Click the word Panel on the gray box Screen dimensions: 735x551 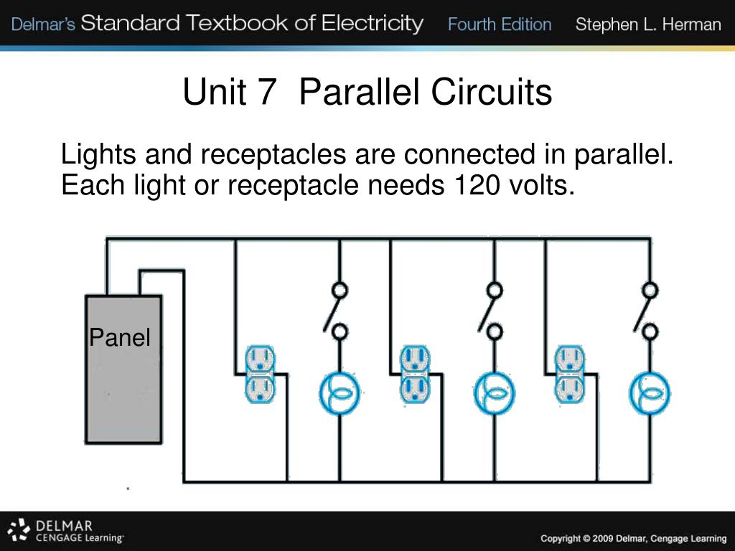coord(120,337)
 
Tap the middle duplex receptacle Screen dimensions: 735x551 coord(414,374)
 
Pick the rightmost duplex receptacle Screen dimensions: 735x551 coord(570,374)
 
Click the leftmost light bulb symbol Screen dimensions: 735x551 coord(340,393)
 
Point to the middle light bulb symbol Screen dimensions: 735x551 coord(494,393)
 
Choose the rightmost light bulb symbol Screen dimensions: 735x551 coord(650,393)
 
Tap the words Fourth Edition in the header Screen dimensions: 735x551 coord(500,24)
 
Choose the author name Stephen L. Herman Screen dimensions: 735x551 coord(648,24)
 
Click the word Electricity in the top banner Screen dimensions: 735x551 coord(373,23)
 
